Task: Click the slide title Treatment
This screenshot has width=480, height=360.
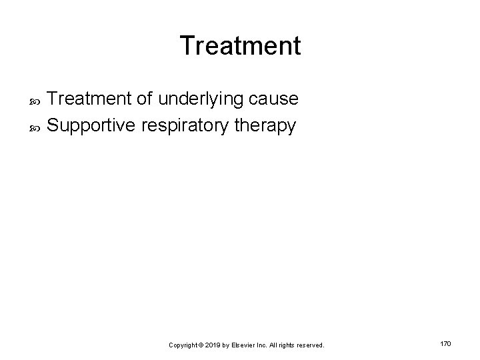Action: (240, 46)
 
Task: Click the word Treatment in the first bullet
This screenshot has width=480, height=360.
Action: (90, 99)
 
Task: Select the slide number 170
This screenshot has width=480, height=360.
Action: (446, 343)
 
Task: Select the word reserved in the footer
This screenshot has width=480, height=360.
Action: (309, 345)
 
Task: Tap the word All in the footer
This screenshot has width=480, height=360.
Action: (275, 345)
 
